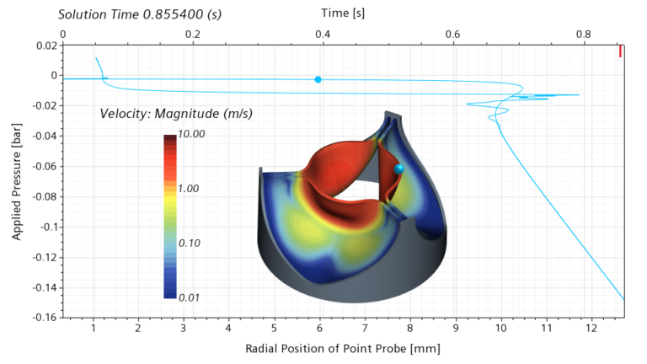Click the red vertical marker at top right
(x=620, y=51)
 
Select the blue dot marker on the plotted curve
(x=318, y=79)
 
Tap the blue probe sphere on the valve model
(x=398, y=169)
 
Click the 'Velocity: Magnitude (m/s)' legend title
(x=176, y=114)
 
